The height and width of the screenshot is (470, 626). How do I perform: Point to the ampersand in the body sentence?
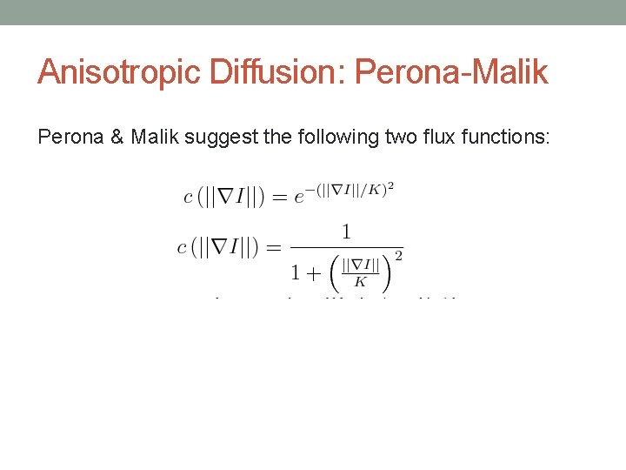(117, 137)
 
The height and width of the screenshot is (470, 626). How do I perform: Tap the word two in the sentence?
(382, 137)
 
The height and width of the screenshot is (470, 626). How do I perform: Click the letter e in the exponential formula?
(298, 198)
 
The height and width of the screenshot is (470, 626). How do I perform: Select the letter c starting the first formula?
(188, 197)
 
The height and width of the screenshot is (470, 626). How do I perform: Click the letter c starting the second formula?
(181, 248)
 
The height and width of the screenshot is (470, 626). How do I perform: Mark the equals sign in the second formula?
(272, 248)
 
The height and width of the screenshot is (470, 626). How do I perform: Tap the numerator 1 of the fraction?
(346, 233)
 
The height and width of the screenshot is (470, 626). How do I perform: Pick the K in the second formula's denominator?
(359, 282)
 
